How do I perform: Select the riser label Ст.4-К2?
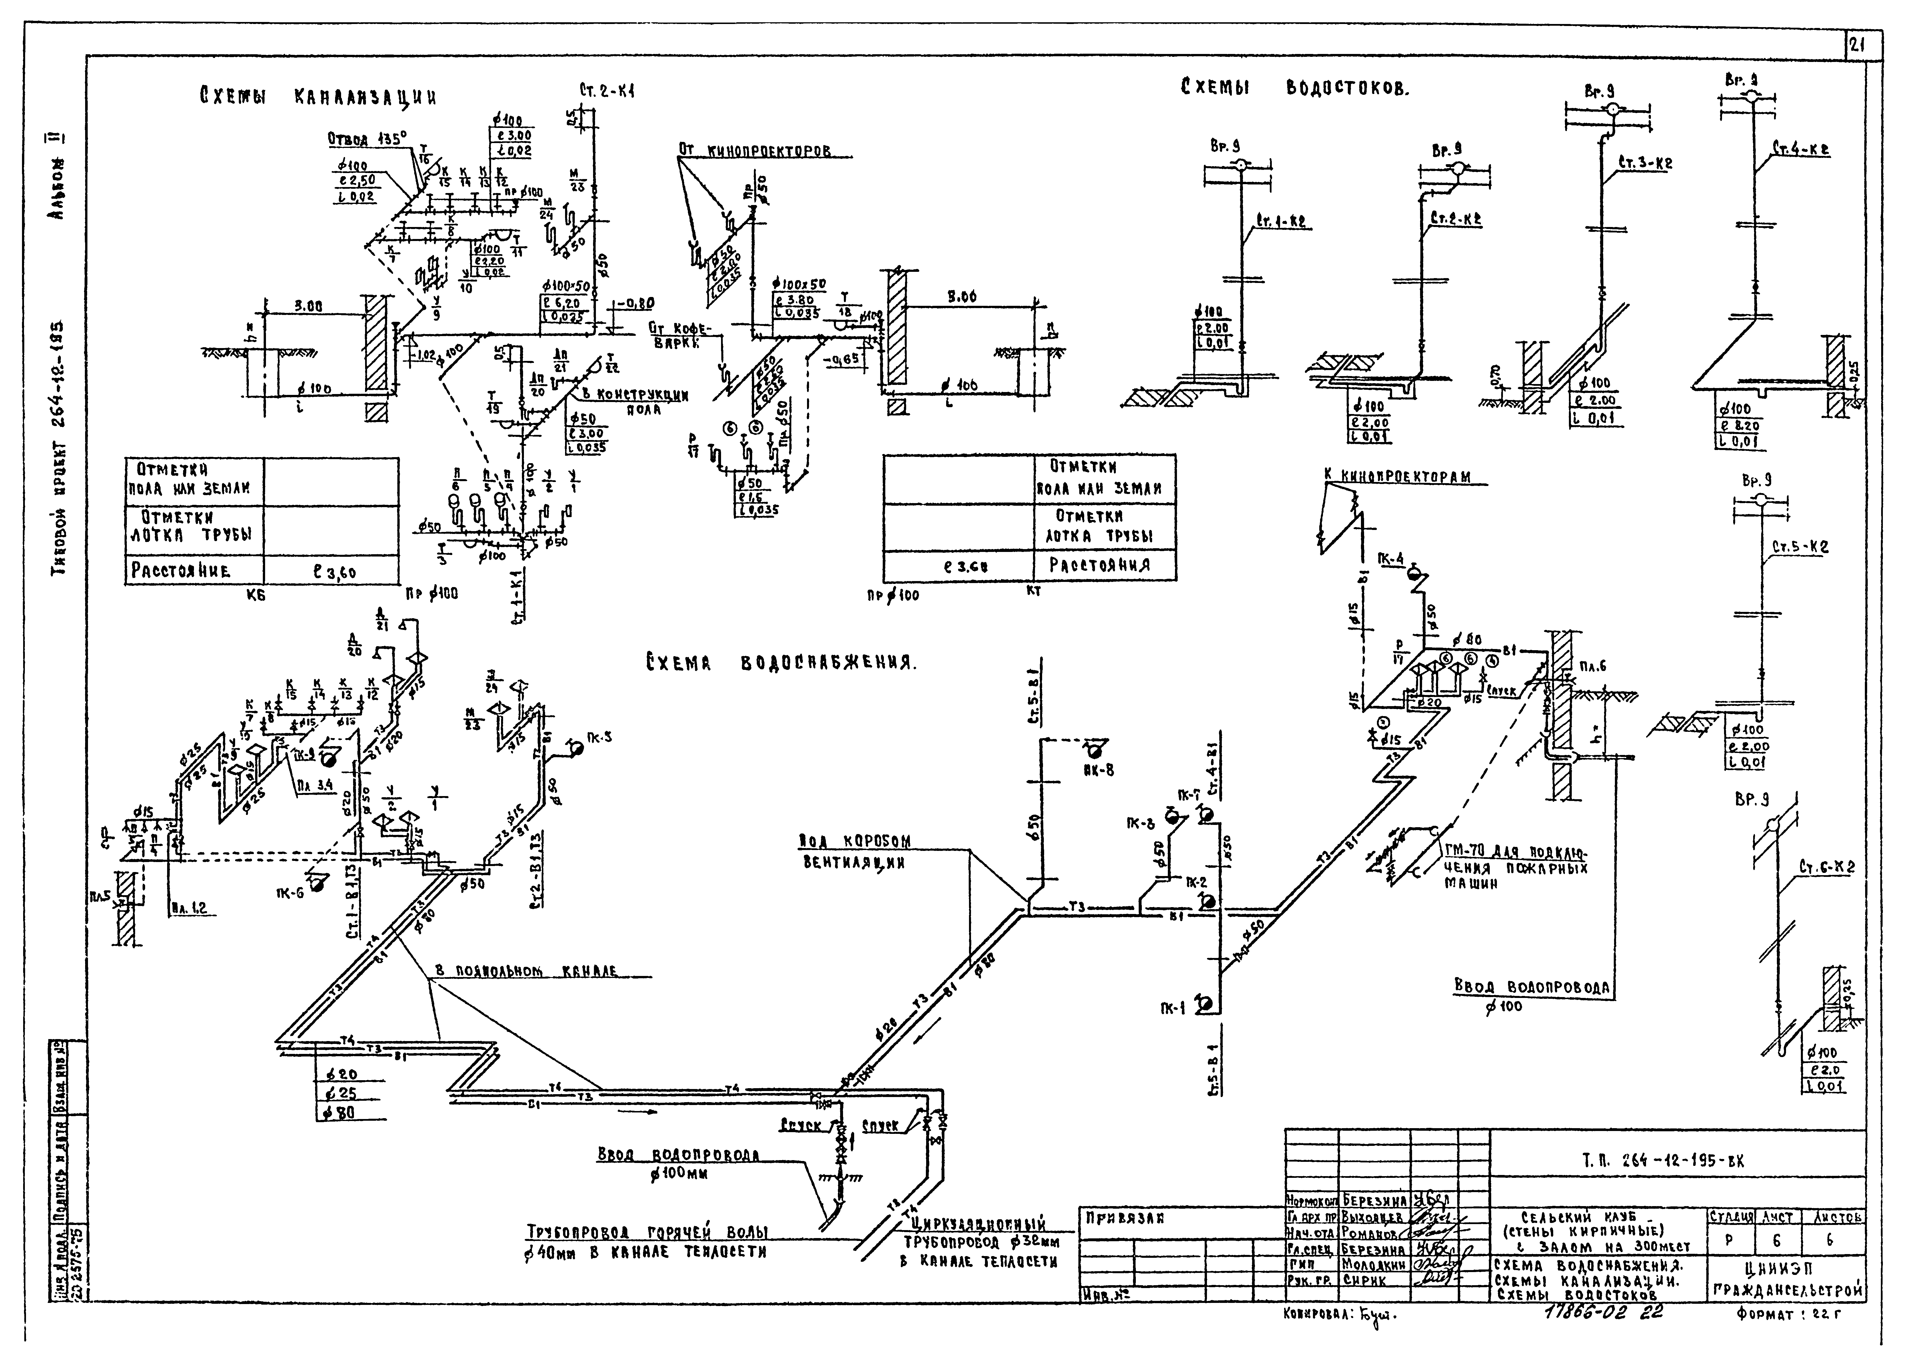tap(1801, 150)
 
